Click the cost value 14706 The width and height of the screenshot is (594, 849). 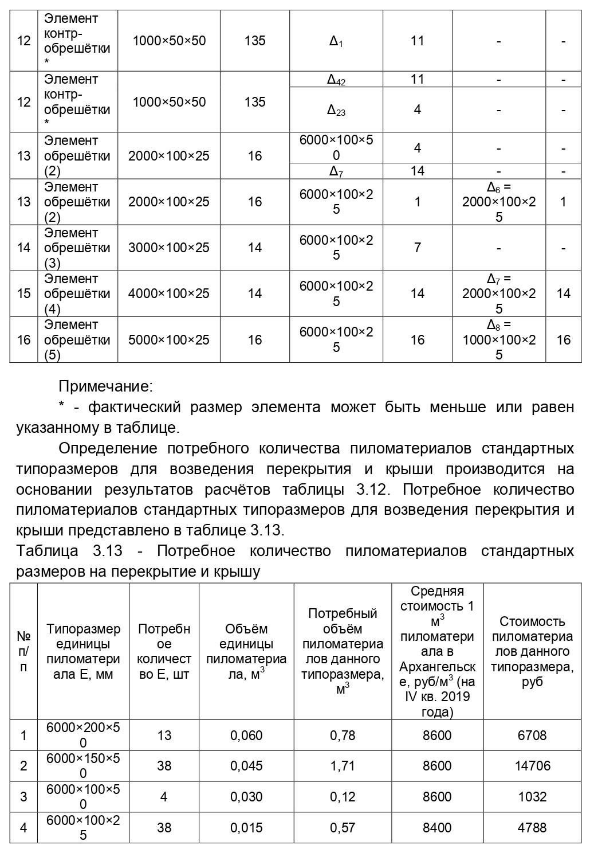(x=532, y=766)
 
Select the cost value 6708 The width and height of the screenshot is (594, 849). (x=532, y=735)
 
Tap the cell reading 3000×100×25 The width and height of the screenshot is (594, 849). (x=169, y=248)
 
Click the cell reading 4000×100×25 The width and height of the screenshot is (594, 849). (x=169, y=294)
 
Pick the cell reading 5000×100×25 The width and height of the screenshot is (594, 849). (x=169, y=340)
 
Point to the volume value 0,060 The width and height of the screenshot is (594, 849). (x=246, y=735)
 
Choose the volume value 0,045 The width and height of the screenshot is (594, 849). (x=246, y=766)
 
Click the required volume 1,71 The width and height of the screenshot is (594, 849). (x=343, y=766)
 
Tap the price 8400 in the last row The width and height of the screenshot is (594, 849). (x=437, y=828)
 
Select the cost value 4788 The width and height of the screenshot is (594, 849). (x=532, y=828)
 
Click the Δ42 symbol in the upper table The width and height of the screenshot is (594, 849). (x=336, y=80)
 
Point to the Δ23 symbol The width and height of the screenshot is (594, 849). (x=336, y=110)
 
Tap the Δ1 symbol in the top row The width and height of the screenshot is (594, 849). (x=336, y=41)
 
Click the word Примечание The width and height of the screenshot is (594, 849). (x=105, y=386)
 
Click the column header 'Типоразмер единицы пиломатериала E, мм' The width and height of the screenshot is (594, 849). (x=84, y=651)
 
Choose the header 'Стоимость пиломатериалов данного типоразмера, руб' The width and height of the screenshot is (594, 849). (x=532, y=651)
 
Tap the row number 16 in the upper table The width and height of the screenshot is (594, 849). (x=23, y=340)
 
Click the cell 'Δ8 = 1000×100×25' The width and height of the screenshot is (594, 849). (x=499, y=340)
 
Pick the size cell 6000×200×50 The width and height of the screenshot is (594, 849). (x=84, y=735)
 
